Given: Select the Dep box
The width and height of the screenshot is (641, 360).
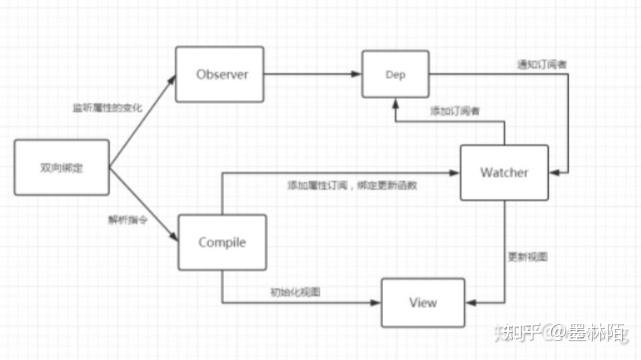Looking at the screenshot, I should point(395,75).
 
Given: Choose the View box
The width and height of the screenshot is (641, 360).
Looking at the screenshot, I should point(423,300).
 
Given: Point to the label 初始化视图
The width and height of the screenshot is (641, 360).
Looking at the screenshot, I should point(291,291).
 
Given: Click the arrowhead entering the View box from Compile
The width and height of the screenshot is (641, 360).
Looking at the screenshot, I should point(378,300).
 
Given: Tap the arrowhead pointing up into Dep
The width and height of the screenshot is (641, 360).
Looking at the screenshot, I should point(395,103).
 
